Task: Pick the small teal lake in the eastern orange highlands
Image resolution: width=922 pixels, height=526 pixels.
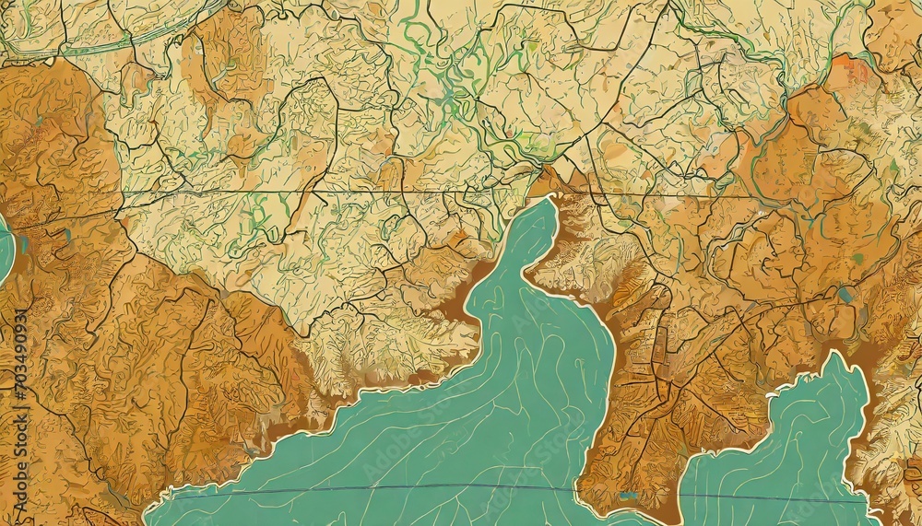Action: click(x=845, y=295)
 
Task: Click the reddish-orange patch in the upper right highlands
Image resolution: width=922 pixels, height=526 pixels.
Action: click(x=854, y=70)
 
